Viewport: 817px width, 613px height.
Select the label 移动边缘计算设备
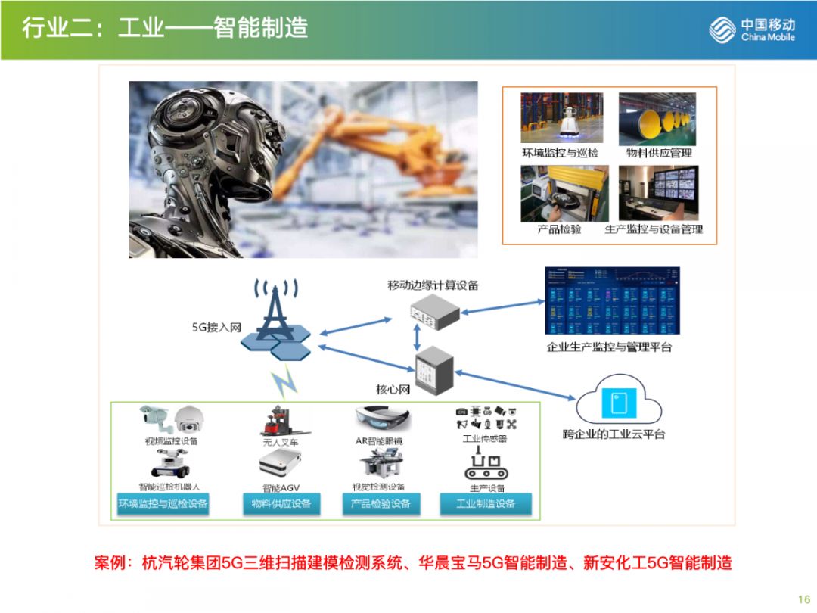point(433,285)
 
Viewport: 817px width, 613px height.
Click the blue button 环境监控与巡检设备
point(163,503)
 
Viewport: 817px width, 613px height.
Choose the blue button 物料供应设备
point(281,503)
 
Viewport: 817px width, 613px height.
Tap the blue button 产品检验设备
point(381,503)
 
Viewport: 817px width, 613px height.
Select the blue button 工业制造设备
point(486,503)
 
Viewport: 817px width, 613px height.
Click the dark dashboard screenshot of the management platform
point(613,300)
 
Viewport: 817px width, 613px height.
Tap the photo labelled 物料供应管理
point(657,119)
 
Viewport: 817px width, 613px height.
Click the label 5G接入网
point(216,328)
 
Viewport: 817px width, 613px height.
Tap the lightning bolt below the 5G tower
point(285,382)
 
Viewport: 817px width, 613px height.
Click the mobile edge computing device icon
point(434,312)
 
